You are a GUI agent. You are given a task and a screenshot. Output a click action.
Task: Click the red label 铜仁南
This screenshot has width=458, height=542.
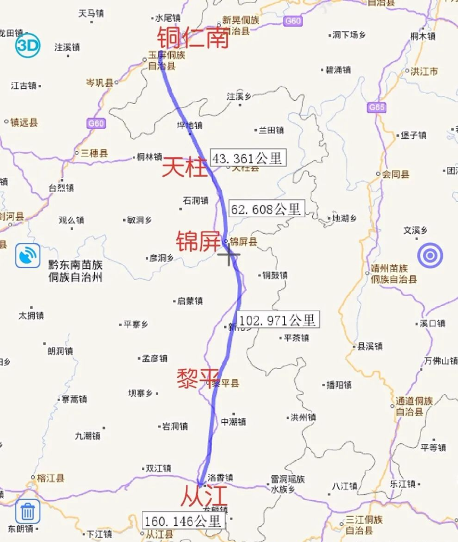193,38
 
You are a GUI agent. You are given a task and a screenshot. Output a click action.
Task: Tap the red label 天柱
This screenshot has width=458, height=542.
185,167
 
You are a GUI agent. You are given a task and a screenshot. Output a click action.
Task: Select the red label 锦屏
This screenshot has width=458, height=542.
197,241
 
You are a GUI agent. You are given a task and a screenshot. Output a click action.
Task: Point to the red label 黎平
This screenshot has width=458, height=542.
198,378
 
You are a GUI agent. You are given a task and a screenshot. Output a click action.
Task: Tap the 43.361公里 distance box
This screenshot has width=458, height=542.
248,158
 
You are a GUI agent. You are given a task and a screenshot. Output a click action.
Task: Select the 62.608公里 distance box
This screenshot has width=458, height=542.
267,209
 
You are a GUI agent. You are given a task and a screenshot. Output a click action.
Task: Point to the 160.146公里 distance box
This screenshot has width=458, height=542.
183,521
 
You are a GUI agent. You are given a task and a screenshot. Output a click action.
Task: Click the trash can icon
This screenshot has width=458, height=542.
27,512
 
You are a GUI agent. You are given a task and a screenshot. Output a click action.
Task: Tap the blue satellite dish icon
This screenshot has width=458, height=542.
27,256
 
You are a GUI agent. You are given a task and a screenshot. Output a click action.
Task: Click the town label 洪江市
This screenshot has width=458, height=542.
424,71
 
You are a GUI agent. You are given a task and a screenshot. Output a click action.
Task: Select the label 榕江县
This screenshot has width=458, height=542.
50,478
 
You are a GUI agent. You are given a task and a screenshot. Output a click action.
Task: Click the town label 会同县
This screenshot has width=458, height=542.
396,175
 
